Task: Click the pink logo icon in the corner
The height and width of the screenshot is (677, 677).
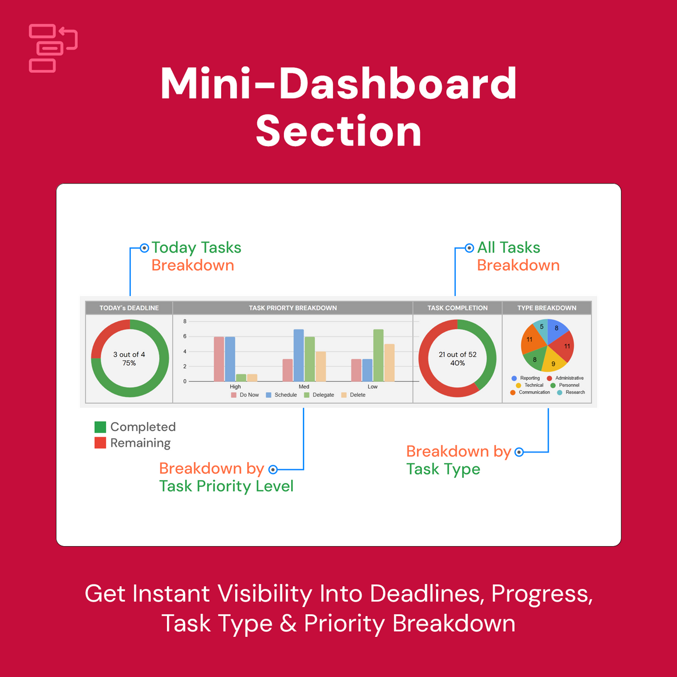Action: [52, 49]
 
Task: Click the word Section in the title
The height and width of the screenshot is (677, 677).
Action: [338, 131]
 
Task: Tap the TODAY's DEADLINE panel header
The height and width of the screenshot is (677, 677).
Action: [129, 308]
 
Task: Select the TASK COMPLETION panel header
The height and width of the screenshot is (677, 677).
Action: [457, 308]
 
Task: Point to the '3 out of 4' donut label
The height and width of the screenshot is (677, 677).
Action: [129, 354]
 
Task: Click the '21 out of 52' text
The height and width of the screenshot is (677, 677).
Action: [458, 354]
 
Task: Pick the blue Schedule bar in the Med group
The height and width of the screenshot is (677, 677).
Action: [298, 355]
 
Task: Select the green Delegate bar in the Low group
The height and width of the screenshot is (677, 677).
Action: [378, 355]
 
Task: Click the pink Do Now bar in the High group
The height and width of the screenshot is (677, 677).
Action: [219, 359]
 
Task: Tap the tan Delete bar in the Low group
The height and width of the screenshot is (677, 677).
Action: [389, 363]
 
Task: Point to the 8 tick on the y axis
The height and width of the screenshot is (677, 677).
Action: [184, 322]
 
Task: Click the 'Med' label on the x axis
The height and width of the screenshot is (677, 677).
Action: [304, 387]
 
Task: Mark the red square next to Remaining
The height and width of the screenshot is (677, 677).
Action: [100, 443]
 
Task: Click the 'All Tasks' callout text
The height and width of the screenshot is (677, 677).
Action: [508, 248]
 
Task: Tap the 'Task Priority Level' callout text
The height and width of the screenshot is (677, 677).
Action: [226, 486]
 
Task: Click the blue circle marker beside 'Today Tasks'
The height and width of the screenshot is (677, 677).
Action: [144, 248]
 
